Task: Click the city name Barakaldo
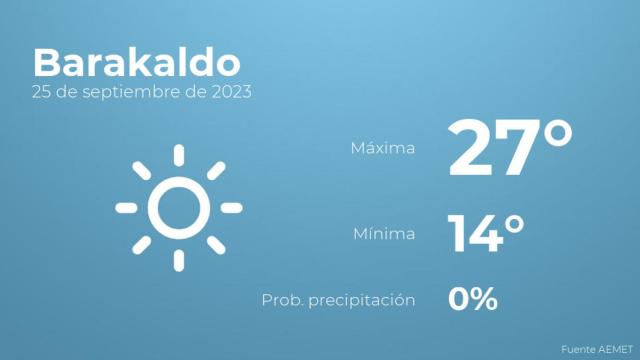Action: pos(136,62)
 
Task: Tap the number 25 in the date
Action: pos(41,92)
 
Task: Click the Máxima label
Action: pos(382,149)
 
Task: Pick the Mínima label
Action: pos(384,235)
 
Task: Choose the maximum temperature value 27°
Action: pos(510,148)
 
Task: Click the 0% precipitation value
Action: pos(473,299)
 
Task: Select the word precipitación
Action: pos(364,300)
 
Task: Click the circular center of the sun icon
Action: pos(179,208)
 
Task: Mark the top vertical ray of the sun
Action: pos(179,155)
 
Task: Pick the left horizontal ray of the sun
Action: pos(126,208)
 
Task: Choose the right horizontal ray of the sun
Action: pos(232,208)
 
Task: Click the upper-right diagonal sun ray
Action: pos(216,171)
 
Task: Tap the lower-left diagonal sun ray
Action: pos(142,245)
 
